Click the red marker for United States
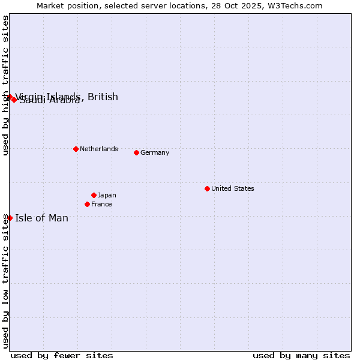(207, 188)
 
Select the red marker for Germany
(136, 152)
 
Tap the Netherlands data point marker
(76, 149)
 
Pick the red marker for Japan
(94, 195)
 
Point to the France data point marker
(87, 204)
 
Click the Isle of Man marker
(10, 218)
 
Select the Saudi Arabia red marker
(14, 100)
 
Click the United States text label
(232, 188)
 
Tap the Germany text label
(155, 152)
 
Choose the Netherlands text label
(98, 149)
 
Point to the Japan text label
(107, 195)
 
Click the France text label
(101, 204)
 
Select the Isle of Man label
(41, 218)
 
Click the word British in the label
(103, 97)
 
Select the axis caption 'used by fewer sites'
(62, 355)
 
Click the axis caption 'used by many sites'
(301, 355)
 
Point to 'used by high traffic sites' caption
(5, 85)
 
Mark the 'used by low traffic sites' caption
(5, 281)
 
